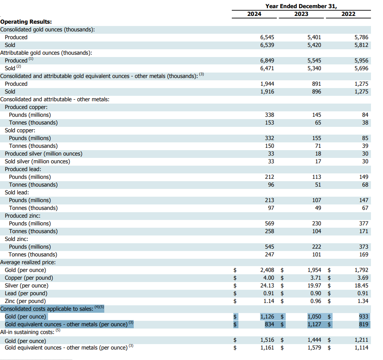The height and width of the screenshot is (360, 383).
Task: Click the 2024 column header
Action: coord(254,14)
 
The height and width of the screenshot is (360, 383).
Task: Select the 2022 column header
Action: coord(348,14)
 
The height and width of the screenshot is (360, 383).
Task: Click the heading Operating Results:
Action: coord(26,22)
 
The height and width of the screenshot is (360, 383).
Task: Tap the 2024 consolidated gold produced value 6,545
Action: coord(267,37)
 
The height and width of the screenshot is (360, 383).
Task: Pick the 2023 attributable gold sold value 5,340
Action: coord(314,68)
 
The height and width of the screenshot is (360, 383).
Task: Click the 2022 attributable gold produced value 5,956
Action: coord(361,61)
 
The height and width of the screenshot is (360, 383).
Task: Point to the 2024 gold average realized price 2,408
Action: coord(267,270)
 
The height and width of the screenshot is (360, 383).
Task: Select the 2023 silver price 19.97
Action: coord(314,286)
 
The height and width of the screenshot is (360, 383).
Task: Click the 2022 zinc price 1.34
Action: coord(363,301)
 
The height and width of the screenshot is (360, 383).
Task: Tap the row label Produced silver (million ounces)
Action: coord(43,154)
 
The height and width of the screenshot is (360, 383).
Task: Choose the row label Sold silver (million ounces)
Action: coord(37,161)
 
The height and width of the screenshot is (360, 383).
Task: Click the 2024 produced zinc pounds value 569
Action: coord(269,223)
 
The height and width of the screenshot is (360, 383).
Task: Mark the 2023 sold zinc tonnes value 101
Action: coord(317,254)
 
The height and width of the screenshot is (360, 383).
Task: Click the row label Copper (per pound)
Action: coord(29,278)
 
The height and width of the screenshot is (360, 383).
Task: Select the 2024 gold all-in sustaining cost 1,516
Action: coord(267,340)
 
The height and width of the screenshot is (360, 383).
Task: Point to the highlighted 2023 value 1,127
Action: coord(314,324)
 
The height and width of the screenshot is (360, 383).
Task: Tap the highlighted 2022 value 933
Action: coord(364,317)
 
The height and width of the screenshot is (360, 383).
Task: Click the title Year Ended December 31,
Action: coord(301,6)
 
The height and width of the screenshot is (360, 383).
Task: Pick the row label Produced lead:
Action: coord(23,169)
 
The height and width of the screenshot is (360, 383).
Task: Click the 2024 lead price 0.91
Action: coord(269,294)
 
